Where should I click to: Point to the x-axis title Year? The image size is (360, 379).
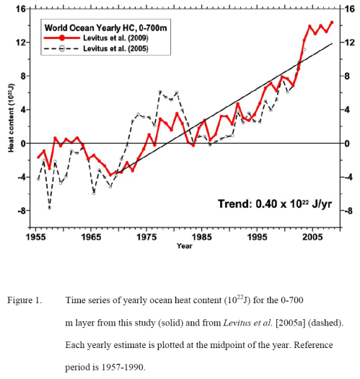(x=185, y=245)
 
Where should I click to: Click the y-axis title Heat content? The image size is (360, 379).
(x=11, y=118)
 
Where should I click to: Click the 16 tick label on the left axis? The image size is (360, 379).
(x=20, y=9)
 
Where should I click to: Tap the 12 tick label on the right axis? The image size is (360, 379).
(x=349, y=43)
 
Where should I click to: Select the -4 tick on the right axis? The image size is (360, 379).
(x=349, y=177)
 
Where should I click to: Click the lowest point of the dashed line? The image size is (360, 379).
(x=49, y=208)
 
